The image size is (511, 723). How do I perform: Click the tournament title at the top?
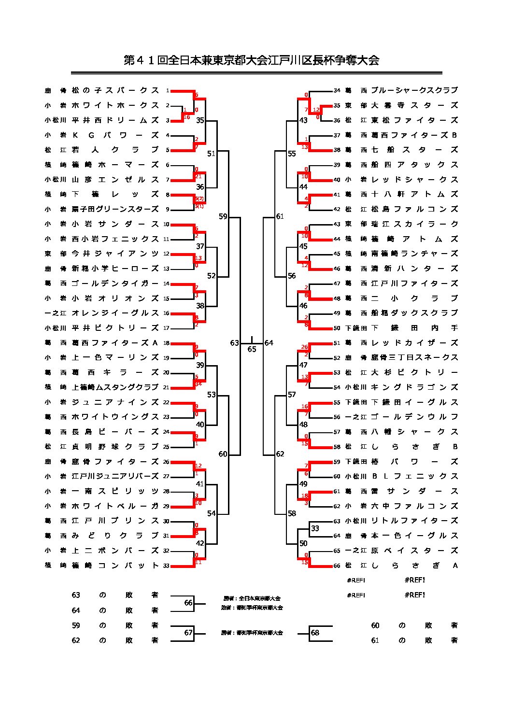tap(252, 60)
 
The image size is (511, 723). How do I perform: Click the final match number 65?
tap(252, 349)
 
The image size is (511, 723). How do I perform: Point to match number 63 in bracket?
tap(234, 343)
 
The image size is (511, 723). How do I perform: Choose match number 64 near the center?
tap(269, 343)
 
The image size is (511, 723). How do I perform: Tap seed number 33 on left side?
tap(166, 566)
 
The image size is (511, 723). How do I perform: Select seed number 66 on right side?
tap(337, 566)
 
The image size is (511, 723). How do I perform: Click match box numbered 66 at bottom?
tap(188, 603)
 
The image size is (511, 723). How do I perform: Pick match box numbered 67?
tap(188, 633)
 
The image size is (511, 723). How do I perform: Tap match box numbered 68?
tap(315, 633)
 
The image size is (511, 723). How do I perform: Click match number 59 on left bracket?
tap(223, 217)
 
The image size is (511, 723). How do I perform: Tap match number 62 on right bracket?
tap(280, 454)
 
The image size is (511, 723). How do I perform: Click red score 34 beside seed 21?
tap(198, 384)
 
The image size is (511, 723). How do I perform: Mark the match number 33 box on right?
tap(315, 528)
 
